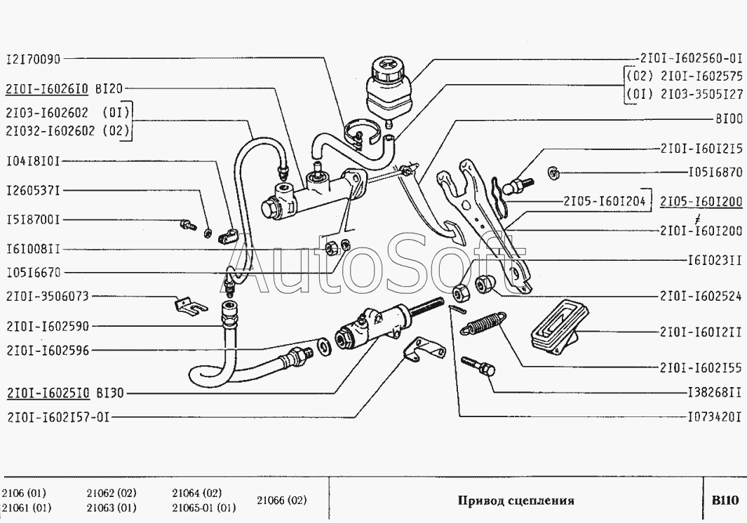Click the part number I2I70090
pyautogui.click(x=34, y=59)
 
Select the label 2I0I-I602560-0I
pyautogui.click(x=692, y=59)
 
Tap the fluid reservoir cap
pyautogui.click(x=387, y=71)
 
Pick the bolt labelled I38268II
pyautogui.click(x=478, y=367)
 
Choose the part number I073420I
pyautogui.click(x=715, y=417)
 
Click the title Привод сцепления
pyautogui.click(x=516, y=500)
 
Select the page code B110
pyautogui.click(x=725, y=500)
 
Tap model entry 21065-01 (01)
pyautogui.click(x=204, y=508)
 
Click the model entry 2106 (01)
pyautogui.click(x=24, y=493)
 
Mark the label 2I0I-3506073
pyautogui.click(x=48, y=297)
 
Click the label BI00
pyautogui.click(x=729, y=118)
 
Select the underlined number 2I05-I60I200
pyautogui.click(x=701, y=201)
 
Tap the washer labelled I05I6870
pyautogui.click(x=553, y=172)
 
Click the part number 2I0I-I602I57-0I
pyautogui.click(x=58, y=417)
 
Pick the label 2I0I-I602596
pyautogui.click(x=48, y=351)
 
